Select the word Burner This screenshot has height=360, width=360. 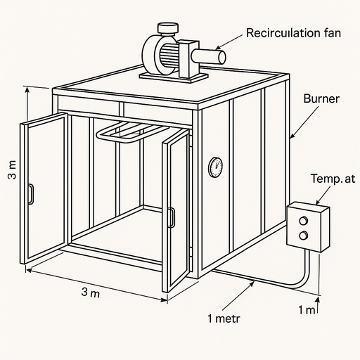click(x=321, y=99)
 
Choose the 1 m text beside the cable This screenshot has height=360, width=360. click(x=307, y=310)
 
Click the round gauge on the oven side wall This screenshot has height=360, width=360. click(x=215, y=167)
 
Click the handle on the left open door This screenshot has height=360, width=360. click(x=30, y=193)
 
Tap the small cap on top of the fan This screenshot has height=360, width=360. click(x=167, y=28)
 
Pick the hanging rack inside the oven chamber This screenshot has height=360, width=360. click(x=130, y=132)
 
